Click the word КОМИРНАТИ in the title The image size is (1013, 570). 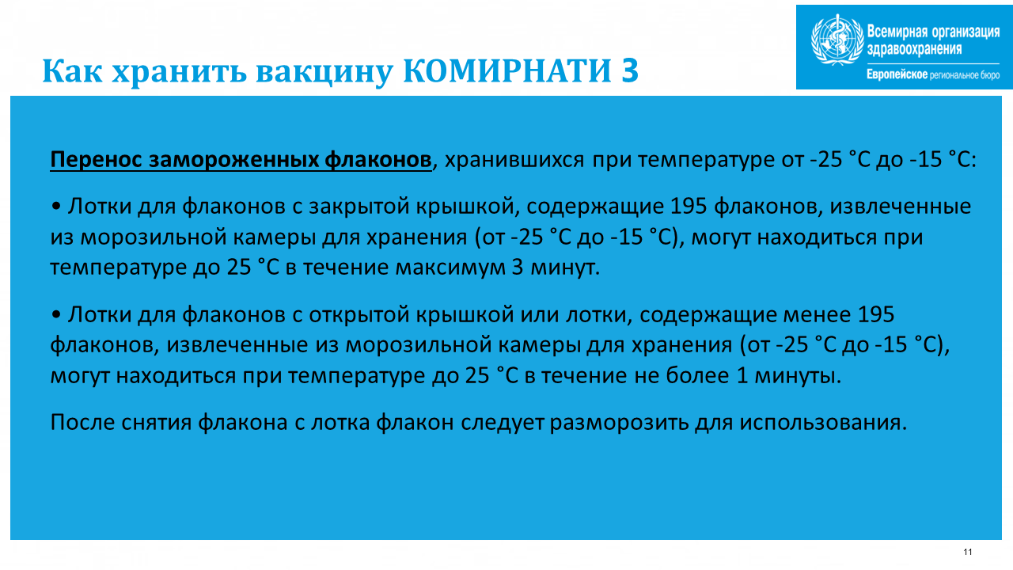(x=507, y=70)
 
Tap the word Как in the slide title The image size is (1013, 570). (x=72, y=70)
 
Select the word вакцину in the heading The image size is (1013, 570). (x=324, y=72)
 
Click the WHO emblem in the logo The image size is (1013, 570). (x=837, y=40)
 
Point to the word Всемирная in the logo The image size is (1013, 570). (x=897, y=32)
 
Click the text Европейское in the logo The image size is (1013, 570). (x=897, y=74)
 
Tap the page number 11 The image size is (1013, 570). (x=968, y=552)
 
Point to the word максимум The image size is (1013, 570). (x=450, y=268)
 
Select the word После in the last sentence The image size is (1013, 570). (x=82, y=423)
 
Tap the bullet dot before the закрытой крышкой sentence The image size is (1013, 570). (x=56, y=207)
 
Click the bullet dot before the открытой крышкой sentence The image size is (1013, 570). (x=56, y=314)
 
